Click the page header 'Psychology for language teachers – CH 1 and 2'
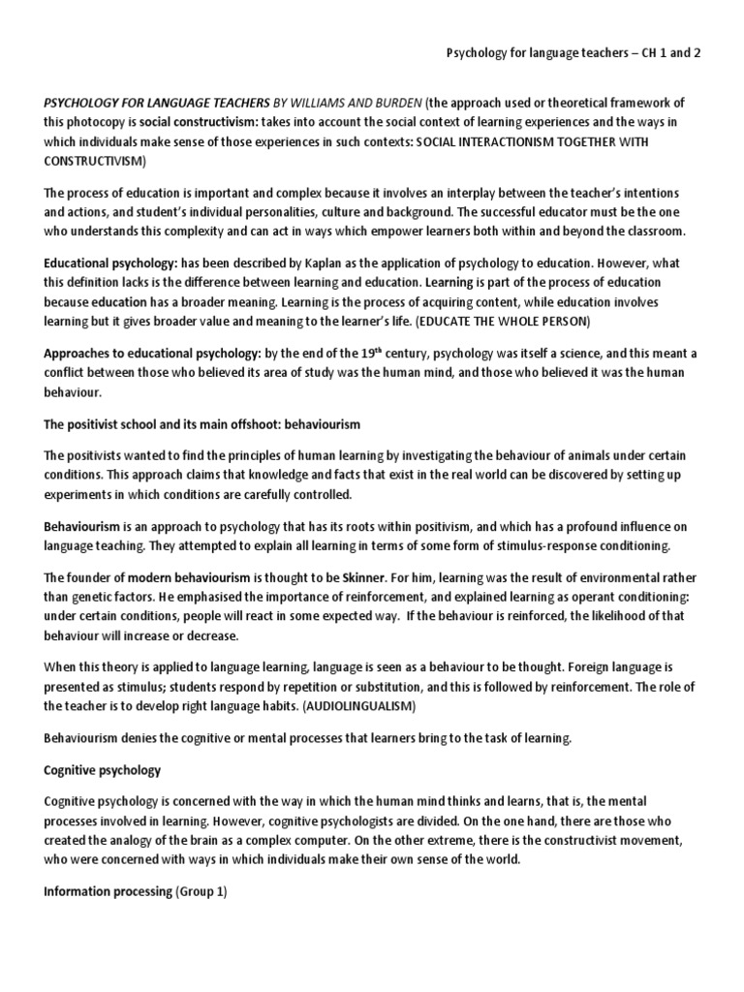point(572,53)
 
